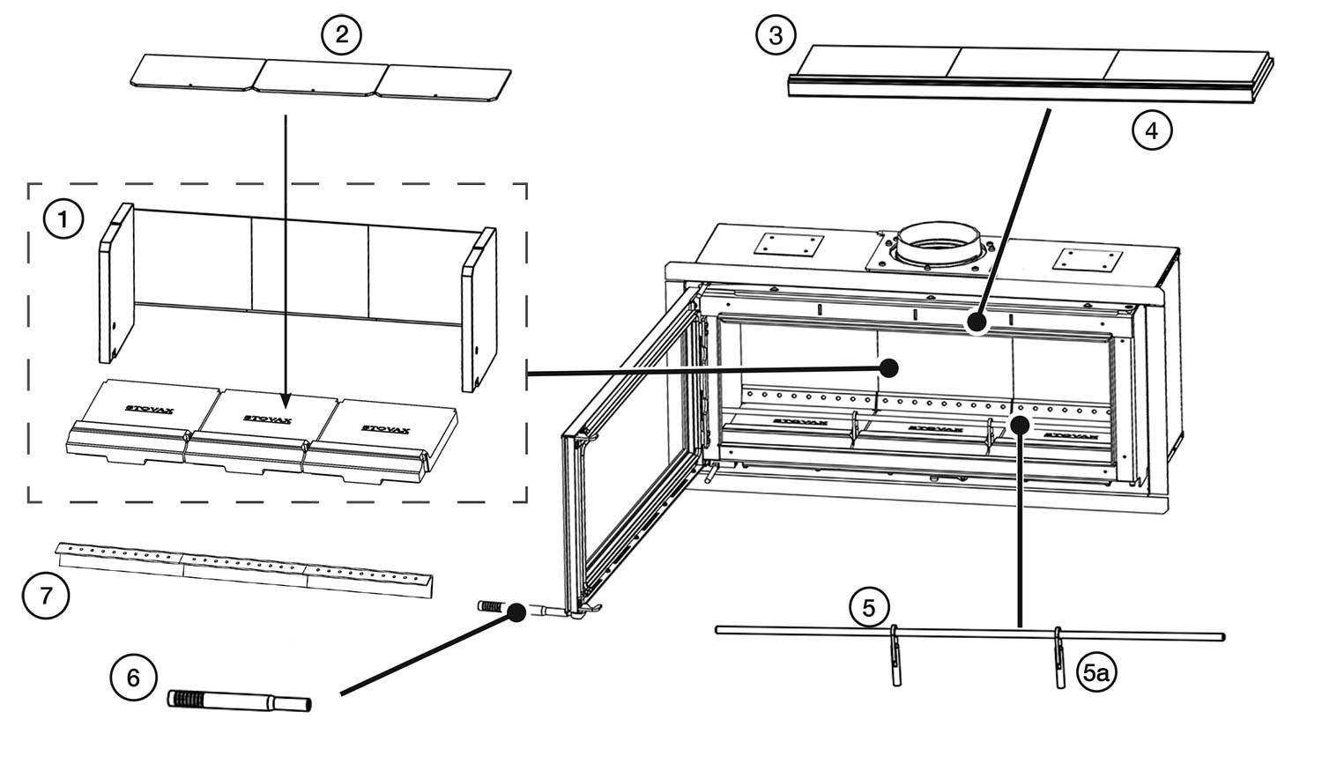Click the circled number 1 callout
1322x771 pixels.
pyautogui.click(x=63, y=221)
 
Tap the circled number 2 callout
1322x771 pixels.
pyautogui.click(x=341, y=34)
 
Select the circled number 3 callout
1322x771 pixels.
pyautogui.click(x=776, y=35)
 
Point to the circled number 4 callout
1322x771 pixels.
pyautogui.click(x=1151, y=130)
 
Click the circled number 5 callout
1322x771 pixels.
pyautogui.click(x=869, y=607)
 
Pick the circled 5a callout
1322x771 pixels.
pyautogui.click(x=1095, y=674)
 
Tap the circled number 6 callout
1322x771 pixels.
pyautogui.click(x=133, y=678)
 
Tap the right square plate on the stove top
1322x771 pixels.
pyautogui.click(x=1082, y=259)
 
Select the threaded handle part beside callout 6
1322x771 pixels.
pyautogui.click(x=238, y=701)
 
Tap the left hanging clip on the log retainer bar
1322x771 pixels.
pyautogui.click(x=895, y=656)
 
